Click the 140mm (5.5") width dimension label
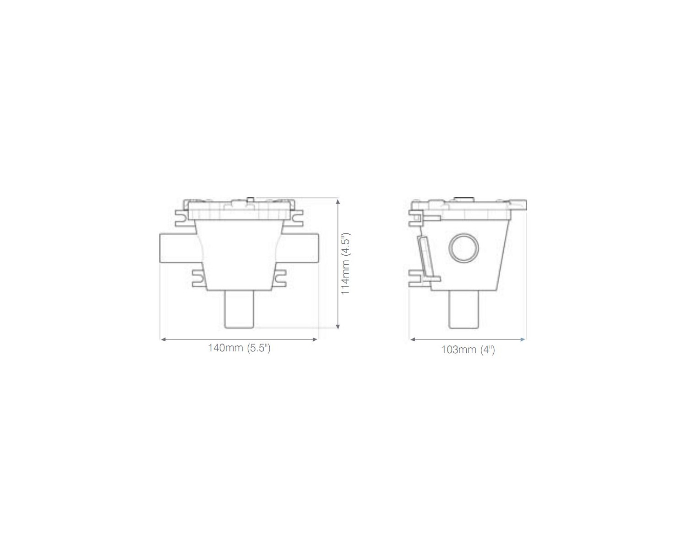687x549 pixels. point(239,348)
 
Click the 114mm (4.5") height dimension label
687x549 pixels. point(346,264)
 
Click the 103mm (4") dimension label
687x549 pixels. point(468,350)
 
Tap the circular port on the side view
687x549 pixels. point(463,248)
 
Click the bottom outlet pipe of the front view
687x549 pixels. point(239,309)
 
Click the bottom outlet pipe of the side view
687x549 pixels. point(463,309)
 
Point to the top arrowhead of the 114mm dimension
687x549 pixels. point(338,201)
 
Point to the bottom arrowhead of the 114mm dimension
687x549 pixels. point(338,326)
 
